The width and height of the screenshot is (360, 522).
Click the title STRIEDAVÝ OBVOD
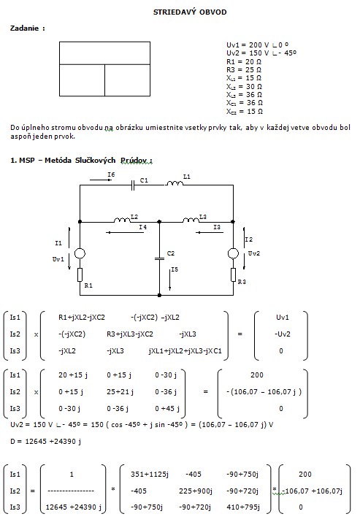190,12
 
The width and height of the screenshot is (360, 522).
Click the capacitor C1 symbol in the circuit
133,185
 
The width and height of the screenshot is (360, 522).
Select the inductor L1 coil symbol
175,183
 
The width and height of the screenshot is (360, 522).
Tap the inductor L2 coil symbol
122,220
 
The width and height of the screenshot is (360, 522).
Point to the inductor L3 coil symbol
191,220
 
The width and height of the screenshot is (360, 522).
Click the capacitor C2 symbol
159,258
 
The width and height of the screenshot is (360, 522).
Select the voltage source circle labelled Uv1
80,253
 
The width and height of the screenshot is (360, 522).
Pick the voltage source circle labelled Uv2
233,253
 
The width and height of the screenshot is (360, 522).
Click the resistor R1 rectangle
80,275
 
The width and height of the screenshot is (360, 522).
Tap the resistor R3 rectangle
233,275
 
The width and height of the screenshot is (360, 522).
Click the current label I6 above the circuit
111,174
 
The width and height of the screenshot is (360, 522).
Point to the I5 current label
175,269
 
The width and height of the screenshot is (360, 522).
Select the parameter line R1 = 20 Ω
244,62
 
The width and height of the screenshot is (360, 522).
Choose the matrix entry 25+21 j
120,392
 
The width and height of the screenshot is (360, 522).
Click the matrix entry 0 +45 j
167,409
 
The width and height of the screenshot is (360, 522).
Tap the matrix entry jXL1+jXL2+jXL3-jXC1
185,351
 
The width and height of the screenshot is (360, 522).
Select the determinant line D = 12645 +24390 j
45,442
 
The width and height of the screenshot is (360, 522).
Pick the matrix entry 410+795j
243,507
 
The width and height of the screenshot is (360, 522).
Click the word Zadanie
25,28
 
